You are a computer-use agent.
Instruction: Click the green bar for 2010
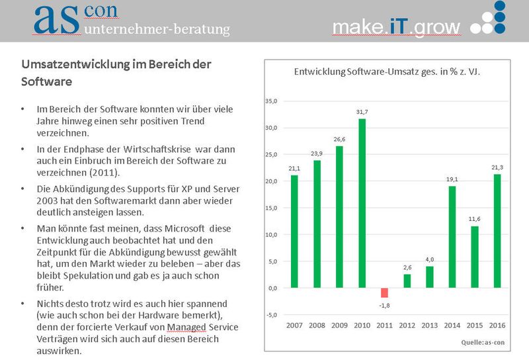click(362, 203)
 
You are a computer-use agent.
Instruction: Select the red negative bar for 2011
click(384, 292)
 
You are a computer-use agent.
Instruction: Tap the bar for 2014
click(452, 237)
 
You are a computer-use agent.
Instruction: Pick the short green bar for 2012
click(407, 281)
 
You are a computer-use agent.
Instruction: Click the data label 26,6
click(339, 140)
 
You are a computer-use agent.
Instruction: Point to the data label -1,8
click(384, 304)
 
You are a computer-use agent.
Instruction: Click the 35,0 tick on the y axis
click(270, 101)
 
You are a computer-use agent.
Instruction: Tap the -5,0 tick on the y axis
click(270, 314)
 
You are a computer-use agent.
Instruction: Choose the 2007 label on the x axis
click(294, 326)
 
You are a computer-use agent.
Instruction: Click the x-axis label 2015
click(474, 326)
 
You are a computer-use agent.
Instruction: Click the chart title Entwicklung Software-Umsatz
click(386, 73)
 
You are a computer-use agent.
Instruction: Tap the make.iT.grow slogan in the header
click(396, 26)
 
